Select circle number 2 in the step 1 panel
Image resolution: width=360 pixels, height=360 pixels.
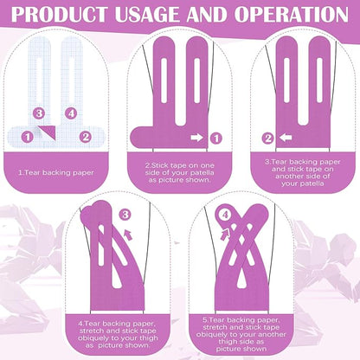86,136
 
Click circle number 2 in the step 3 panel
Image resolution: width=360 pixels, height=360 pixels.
268,137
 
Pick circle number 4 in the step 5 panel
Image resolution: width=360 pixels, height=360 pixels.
225,214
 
